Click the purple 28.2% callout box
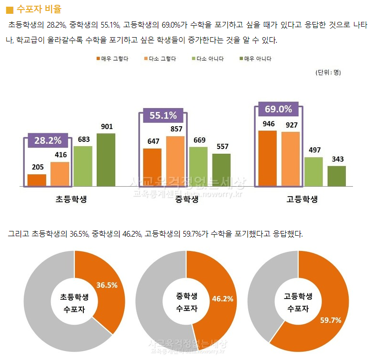pyautogui.click(x=47, y=140)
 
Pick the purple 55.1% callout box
pyautogui.click(x=163, y=115)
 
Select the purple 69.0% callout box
pyautogui.click(x=278, y=109)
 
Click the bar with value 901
pyautogui.click(x=106, y=160)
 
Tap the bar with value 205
pyautogui.click(x=37, y=180)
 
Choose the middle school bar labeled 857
pyautogui.click(x=175, y=161)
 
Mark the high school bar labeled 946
pyautogui.click(x=267, y=158)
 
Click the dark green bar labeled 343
pyautogui.click(x=336, y=176)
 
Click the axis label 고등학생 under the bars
pyautogui.click(x=302, y=199)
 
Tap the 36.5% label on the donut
pyautogui.click(x=107, y=285)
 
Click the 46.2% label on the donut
pyautogui.click(x=222, y=299)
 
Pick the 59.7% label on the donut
pyautogui.click(x=330, y=320)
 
